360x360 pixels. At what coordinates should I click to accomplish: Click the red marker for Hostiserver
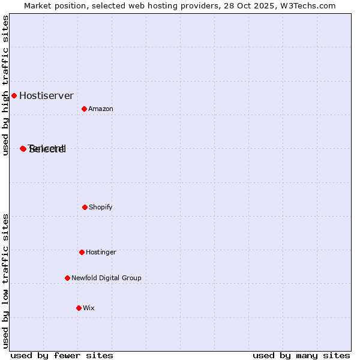point(14,95)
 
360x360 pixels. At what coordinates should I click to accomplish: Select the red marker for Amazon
point(84,109)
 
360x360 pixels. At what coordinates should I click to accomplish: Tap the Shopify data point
point(85,207)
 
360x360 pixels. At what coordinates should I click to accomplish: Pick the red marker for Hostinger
point(82,252)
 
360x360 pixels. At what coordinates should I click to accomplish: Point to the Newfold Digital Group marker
point(67,278)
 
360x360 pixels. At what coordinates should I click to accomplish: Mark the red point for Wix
point(79,308)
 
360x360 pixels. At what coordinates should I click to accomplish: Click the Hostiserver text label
point(46,95)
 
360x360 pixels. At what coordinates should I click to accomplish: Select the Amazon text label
point(101,109)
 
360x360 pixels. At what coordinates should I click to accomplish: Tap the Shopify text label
point(101,207)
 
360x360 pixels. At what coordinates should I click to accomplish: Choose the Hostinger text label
point(101,252)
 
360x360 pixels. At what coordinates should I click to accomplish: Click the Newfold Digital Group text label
point(106,278)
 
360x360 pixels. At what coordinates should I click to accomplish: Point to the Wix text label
point(89,308)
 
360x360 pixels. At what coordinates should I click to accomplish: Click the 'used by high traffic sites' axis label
point(5,85)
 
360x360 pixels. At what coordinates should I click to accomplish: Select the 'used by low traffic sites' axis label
point(5,280)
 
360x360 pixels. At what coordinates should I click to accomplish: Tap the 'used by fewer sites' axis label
point(62,355)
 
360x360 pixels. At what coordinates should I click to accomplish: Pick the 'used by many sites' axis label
point(301,355)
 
